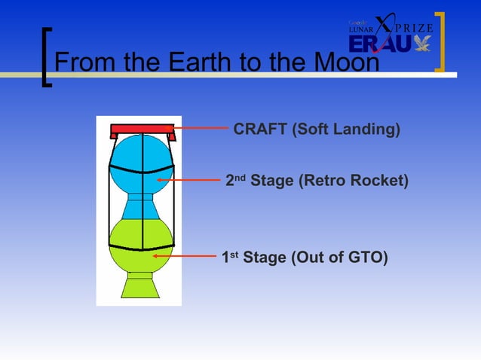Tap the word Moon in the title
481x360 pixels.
point(343,63)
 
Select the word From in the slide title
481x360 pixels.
point(84,63)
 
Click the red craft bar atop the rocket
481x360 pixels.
point(142,130)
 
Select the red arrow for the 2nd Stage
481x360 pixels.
point(188,181)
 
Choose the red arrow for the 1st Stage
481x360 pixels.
point(185,257)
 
